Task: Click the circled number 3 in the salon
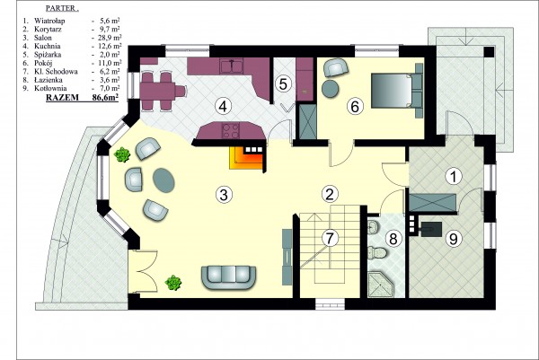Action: [x=224, y=195]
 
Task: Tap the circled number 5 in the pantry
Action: [x=283, y=83]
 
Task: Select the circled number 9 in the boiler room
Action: [x=454, y=239]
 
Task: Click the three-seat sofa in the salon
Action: [x=228, y=278]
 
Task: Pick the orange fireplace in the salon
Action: [x=247, y=158]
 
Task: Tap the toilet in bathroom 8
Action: [x=377, y=252]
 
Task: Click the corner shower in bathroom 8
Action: [x=380, y=285]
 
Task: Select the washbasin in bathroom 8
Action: [x=373, y=227]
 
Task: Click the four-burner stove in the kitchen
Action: [x=231, y=131]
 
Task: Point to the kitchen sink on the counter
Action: [x=232, y=66]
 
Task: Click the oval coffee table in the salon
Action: [x=163, y=180]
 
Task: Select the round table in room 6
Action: [x=331, y=89]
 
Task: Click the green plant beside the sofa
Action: [x=173, y=283]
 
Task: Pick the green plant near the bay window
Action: [x=122, y=154]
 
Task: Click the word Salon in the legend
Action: [x=43, y=38]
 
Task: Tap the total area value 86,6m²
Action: [x=105, y=98]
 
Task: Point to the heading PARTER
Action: [x=62, y=9]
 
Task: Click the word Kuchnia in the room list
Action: [x=48, y=46]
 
